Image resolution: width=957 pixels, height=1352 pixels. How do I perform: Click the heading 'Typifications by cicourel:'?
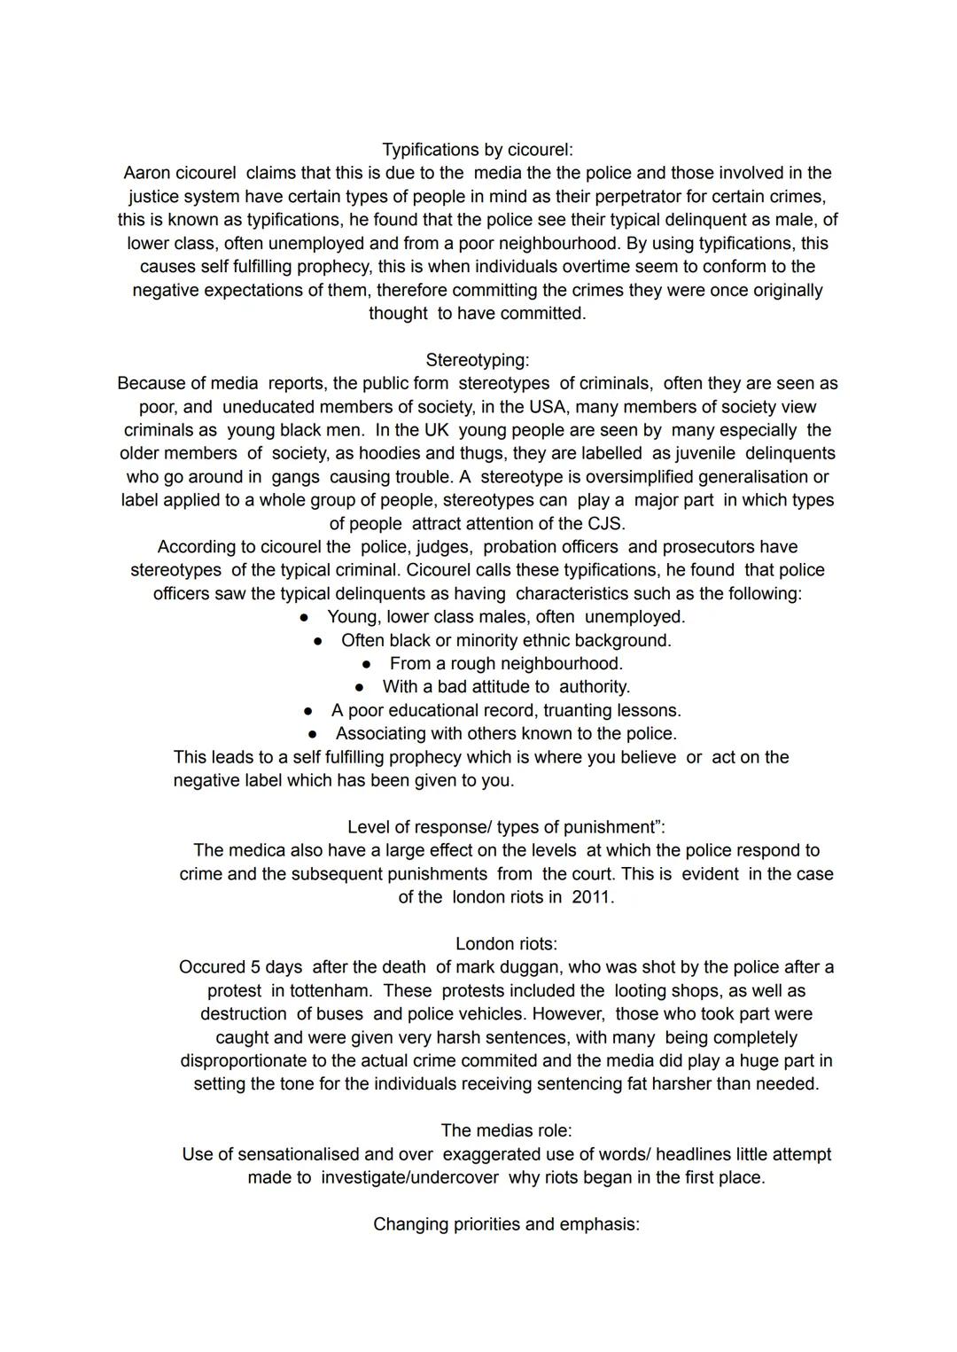pyautogui.click(x=478, y=150)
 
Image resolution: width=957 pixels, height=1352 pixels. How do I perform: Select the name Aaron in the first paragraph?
pyautogui.click(x=146, y=173)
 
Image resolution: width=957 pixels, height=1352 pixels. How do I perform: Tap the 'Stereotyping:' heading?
pyautogui.click(x=478, y=360)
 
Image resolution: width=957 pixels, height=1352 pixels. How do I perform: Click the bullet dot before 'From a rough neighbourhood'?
pyautogui.click(x=367, y=664)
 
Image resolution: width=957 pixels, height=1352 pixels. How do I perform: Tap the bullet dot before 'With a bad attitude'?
pyautogui.click(x=360, y=687)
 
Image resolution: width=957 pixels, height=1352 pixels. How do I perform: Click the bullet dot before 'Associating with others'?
pyautogui.click(x=313, y=734)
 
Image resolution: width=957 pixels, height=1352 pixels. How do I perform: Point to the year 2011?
pyautogui.click(x=592, y=896)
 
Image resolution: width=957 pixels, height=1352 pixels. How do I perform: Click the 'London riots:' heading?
pyautogui.click(x=506, y=944)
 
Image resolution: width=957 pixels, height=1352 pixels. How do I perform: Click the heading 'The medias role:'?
pyautogui.click(x=506, y=1130)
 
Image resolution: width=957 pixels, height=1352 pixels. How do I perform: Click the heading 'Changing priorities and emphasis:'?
pyautogui.click(x=506, y=1224)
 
